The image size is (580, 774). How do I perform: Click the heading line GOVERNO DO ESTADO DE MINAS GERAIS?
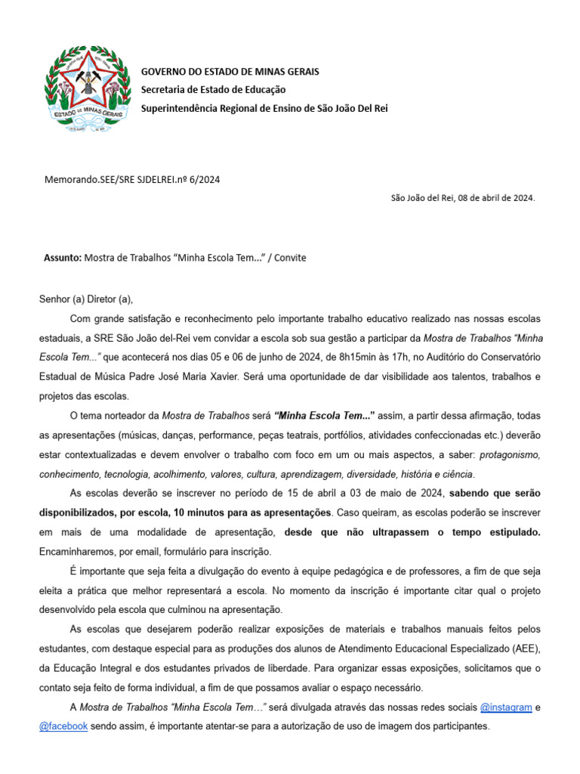click(x=230, y=72)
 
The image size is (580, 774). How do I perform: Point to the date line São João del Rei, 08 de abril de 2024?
click(x=462, y=198)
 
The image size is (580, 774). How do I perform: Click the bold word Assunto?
click(x=63, y=258)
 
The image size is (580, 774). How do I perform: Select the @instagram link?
click(x=506, y=707)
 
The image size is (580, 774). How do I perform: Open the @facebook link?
click(x=63, y=726)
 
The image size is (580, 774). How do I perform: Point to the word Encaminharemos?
click(x=79, y=552)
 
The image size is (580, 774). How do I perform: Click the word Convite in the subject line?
click(x=290, y=258)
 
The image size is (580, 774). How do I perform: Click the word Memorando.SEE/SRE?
click(x=88, y=179)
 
